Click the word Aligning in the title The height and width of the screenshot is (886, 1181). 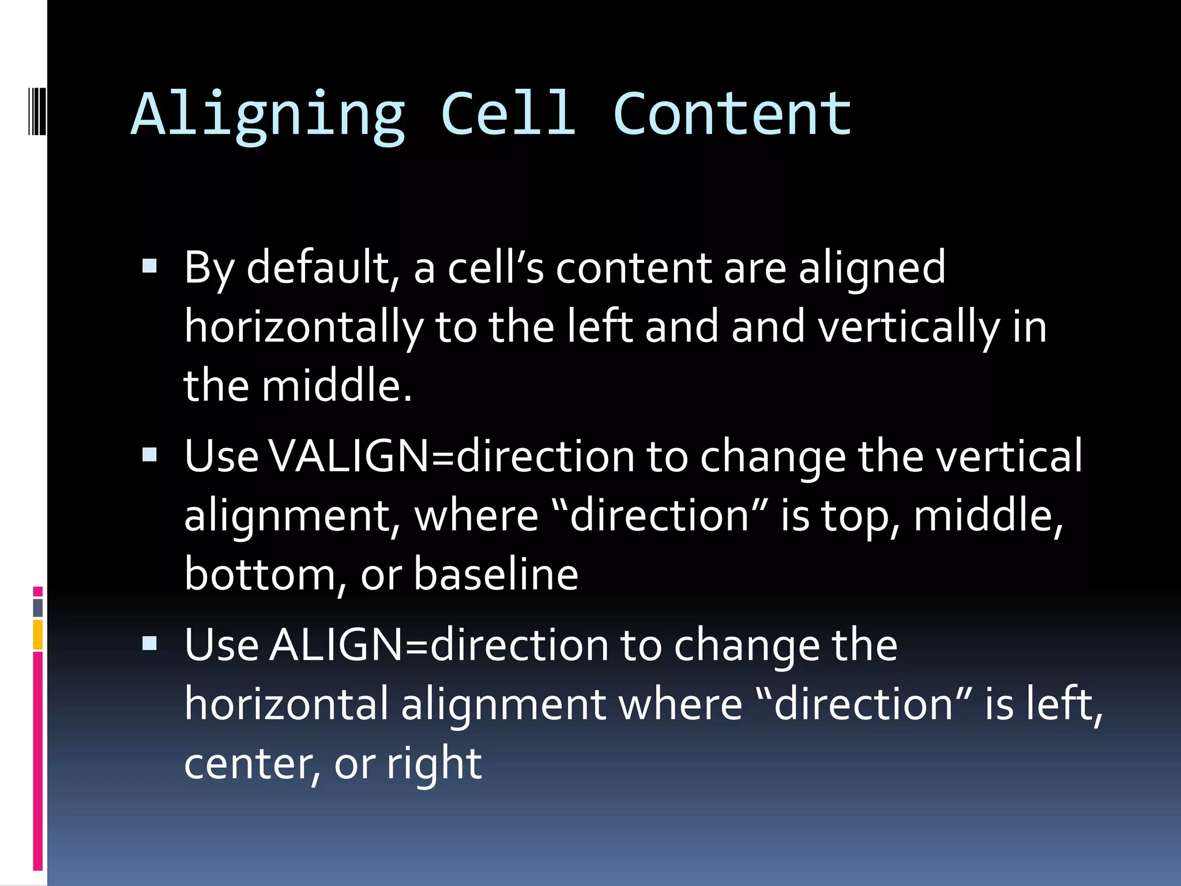point(268,115)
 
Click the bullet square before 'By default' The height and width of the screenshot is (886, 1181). point(149,266)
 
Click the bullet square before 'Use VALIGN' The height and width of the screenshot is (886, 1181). point(149,455)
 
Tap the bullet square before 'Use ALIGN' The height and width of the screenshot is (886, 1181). point(149,643)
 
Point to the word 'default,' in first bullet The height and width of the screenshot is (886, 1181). point(323,268)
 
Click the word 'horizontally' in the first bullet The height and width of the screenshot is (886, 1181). point(303,327)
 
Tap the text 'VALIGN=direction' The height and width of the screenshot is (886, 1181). point(452,456)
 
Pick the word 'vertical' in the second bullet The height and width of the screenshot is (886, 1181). point(1009,456)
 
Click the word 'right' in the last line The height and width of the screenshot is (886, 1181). point(434,764)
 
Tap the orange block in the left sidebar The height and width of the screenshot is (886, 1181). point(38,635)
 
